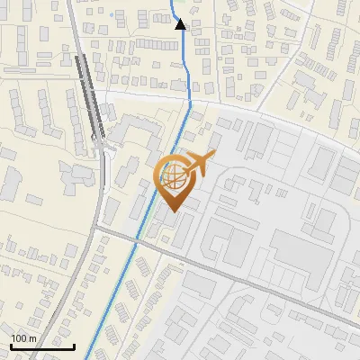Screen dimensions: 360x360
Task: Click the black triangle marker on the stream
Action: click(180, 24)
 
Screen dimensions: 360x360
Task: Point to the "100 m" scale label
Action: click(23, 338)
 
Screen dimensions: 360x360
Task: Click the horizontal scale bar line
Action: click(41, 346)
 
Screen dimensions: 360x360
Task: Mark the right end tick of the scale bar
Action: click(74, 345)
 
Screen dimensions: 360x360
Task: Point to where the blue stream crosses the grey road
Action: click(139, 238)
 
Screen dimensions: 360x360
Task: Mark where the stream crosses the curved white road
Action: click(188, 105)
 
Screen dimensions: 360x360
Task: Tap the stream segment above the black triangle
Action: click(174, 9)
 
